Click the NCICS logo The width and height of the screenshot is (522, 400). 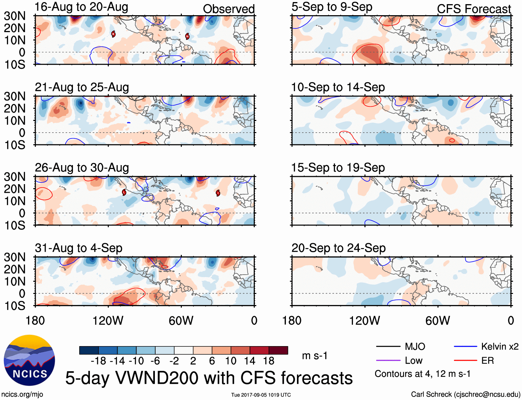[x=29, y=360]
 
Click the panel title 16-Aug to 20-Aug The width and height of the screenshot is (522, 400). [x=81, y=7]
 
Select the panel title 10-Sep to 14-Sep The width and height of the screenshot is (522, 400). [x=338, y=87]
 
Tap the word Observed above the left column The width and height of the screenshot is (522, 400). [x=229, y=9]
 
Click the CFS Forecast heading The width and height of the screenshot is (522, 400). [x=474, y=9]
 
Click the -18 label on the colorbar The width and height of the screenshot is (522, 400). [x=98, y=361]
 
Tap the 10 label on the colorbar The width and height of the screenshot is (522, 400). [x=231, y=361]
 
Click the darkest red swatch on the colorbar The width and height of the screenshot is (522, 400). [x=278, y=350]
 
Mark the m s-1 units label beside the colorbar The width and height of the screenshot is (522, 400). [x=315, y=356]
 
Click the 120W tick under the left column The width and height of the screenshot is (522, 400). [x=108, y=321]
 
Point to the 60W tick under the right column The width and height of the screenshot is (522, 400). [x=438, y=321]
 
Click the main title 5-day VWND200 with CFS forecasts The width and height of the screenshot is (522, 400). [x=209, y=378]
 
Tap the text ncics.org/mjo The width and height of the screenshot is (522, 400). [x=22, y=394]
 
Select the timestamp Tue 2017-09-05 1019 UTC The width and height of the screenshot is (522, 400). [x=261, y=395]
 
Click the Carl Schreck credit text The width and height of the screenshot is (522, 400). [x=465, y=394]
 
